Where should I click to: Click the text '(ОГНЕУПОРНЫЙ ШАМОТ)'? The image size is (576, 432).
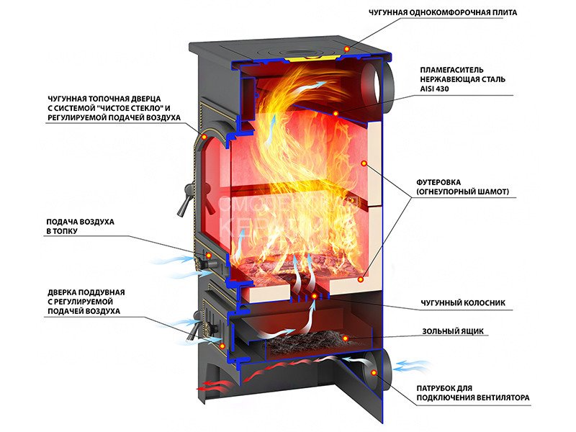462,192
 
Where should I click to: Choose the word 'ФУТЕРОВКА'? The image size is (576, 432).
440,182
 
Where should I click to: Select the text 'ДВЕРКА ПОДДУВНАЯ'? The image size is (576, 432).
86,292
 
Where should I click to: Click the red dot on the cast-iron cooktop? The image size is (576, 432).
346,48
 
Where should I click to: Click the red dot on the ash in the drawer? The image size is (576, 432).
344,338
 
